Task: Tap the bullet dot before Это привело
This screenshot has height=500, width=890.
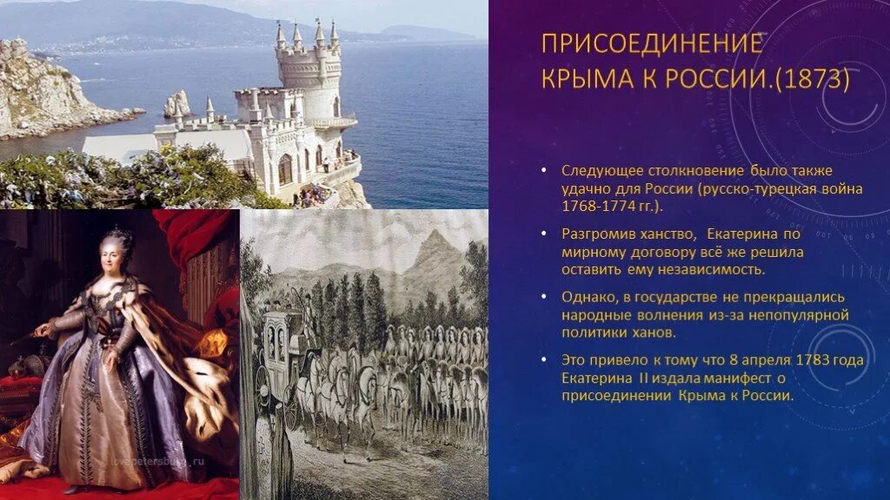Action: click(x=543, y=359)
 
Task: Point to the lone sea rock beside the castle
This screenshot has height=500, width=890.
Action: click(x=176, y=104)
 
